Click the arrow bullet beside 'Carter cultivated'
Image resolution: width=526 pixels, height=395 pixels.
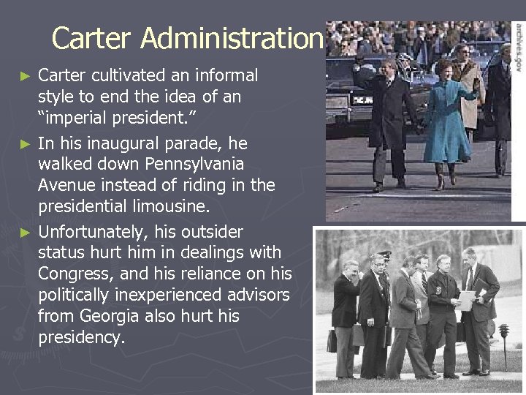(x=26, y=76)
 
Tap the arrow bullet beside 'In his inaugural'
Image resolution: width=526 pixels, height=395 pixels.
(x=26, y=142)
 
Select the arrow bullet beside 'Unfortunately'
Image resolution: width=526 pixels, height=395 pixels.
(x=26, y=233)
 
